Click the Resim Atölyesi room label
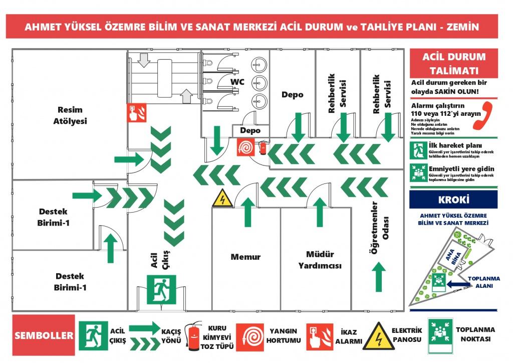tap(70, 115)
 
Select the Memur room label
tap(245, 257)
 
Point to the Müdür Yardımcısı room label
tap(317, 260)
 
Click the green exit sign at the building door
tap(161, 289)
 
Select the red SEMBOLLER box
tap(43, 335)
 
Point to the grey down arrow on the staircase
tap(144, 60)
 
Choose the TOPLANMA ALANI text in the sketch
tap(483, 282)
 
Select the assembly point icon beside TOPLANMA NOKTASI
tap(439, 335)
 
